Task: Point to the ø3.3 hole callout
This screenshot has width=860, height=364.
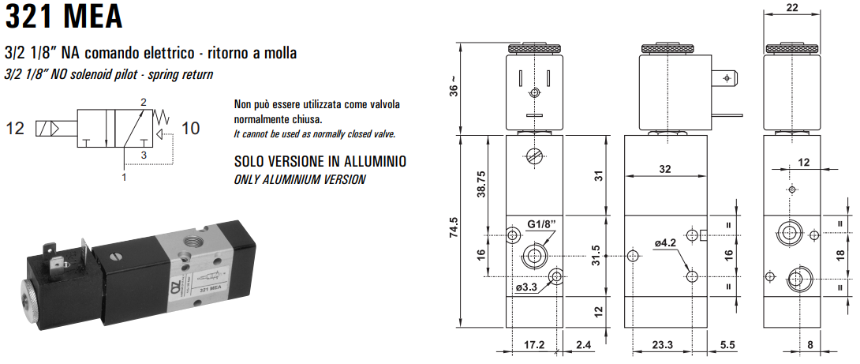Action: coord(526,287)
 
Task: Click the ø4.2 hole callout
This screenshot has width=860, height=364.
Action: coord(666,244)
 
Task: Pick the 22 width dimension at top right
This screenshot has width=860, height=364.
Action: coord(794,8)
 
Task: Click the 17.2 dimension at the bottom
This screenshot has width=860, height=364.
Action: coord(534,345)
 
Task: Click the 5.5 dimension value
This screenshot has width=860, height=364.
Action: coord(727,345)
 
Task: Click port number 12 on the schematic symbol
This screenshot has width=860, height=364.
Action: coord(17,127)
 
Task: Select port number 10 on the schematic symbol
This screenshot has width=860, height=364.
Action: coord(190,127)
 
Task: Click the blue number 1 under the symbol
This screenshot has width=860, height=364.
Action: coord(124,178)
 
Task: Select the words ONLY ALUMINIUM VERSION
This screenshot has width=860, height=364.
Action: coord(300,179)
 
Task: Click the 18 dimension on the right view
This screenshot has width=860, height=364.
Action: coord(841,254)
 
